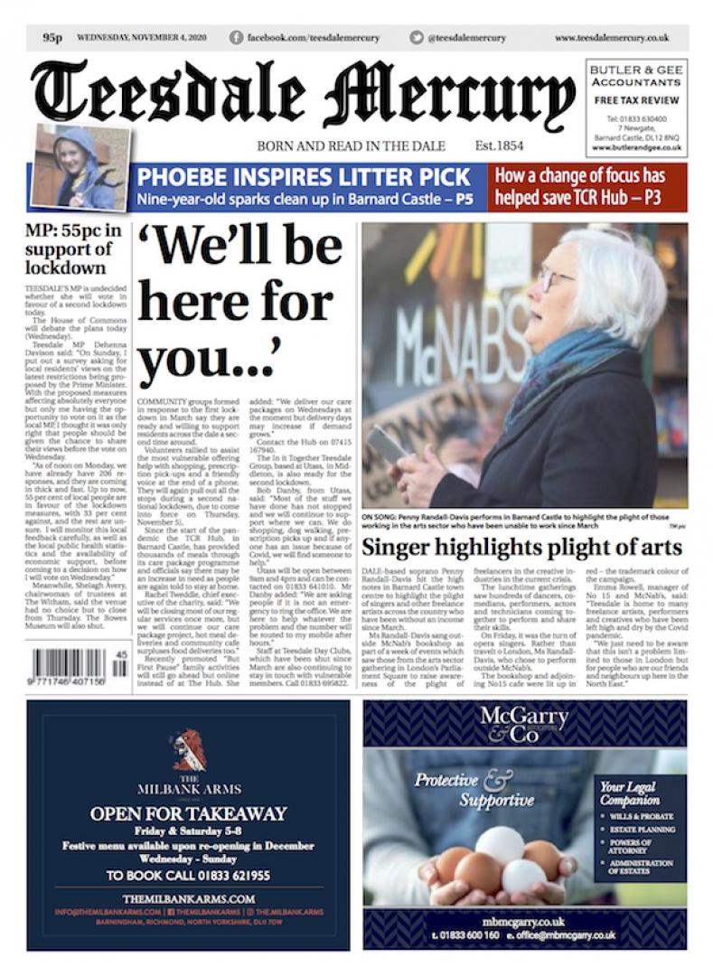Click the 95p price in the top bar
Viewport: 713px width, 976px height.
click(x=52, y=38)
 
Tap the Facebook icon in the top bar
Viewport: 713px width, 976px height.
click(x=236, y=38)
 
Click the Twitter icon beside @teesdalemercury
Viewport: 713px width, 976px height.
click(x=416, y=38)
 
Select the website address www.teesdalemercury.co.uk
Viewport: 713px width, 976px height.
click(x=611, y=38)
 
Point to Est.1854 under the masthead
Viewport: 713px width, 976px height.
click(x=499, y=145)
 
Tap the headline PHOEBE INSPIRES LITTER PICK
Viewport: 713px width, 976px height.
click(x=304, y=176)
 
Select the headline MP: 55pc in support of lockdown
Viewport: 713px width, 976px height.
click(x=71, y=249)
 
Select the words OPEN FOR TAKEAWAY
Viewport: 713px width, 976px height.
click(x=188, y=813)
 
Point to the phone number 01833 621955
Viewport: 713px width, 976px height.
click(x=223, y=876)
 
